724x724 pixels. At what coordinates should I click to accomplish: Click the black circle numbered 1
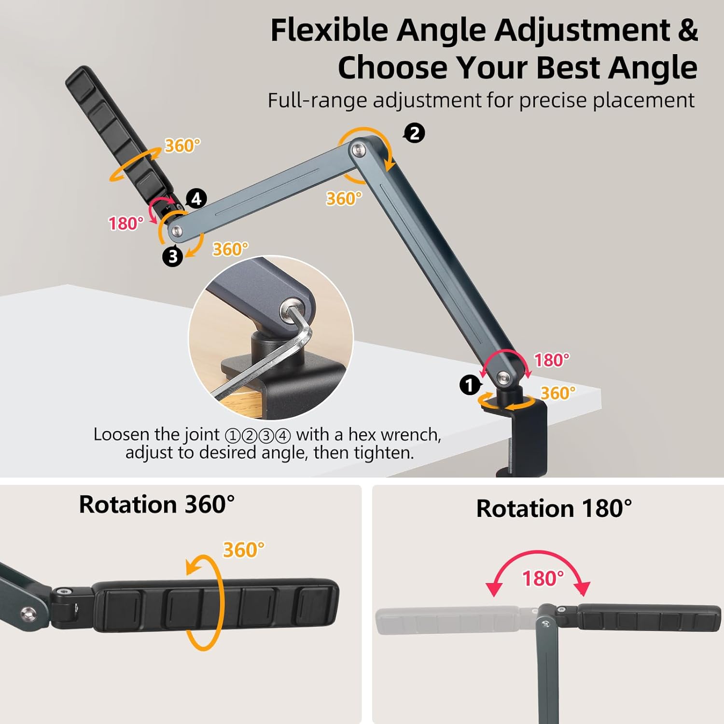point(469,385)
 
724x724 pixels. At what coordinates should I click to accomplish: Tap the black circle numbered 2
point(414,133)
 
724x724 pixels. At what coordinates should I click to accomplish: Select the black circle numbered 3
point(172,256)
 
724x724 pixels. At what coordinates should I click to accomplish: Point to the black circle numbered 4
point(196,198)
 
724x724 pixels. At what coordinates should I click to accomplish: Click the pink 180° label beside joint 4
point(126,223)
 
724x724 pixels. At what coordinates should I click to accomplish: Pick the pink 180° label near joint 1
point(552,360)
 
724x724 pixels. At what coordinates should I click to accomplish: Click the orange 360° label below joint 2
point(344,198)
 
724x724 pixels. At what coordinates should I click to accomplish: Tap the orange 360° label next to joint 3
point(231,249)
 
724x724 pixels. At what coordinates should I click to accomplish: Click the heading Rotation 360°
point(156,505)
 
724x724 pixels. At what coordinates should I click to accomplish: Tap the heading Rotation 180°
point(554,509)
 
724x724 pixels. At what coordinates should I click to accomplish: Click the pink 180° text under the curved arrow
point(543,578)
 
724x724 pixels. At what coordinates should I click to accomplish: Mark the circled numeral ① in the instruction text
point(233,436)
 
